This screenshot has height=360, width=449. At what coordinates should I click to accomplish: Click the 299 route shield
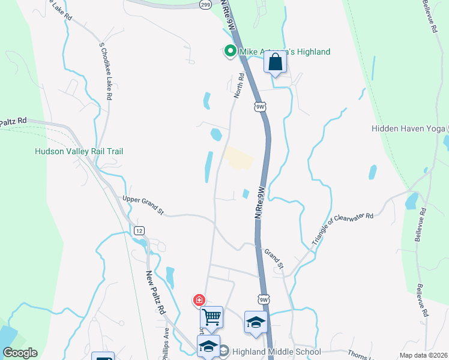tap(206, 4)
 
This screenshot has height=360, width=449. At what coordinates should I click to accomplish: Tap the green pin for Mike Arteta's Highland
tap(229, 52)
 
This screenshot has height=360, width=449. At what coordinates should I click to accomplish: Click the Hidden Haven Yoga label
tap(408, 128)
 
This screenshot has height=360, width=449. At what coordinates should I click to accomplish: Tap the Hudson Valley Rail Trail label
tap(79, 151)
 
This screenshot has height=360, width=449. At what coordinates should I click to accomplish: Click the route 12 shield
tap(139, 230)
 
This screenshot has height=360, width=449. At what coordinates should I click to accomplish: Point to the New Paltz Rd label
tap(155, 292)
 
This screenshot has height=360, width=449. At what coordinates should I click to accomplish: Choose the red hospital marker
tap(198, 300)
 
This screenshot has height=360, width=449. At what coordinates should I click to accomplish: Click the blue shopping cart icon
tap(211, 317)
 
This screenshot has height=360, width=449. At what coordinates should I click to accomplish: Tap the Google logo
tap(20, 353)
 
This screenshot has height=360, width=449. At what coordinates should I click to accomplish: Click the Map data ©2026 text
tap(423, 355)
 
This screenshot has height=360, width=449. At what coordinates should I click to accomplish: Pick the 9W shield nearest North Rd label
tap(260, 107)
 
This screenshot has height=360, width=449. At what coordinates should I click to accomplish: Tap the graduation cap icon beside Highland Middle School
tap(209, 347)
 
